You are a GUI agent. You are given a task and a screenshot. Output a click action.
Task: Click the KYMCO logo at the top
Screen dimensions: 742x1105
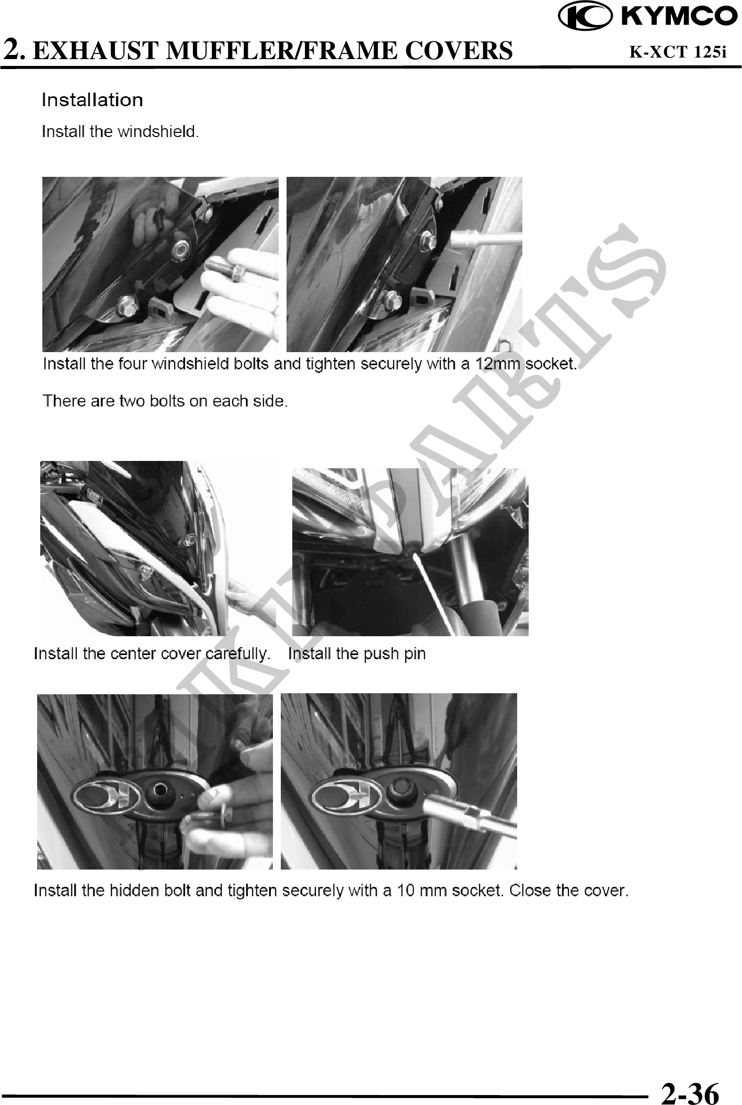click(x=648, y=17)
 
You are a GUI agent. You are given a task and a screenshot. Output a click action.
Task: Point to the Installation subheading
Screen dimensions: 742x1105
click(x=92, y=99)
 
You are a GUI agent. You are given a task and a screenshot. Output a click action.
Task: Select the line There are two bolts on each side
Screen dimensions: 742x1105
click(x=165, y=401)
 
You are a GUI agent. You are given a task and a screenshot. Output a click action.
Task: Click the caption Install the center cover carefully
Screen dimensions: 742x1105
click(x=152, y=653)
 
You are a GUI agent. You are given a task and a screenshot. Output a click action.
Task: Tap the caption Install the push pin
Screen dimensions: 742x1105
click(x=357, y=653)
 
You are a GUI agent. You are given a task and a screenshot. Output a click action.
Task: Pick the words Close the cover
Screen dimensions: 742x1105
click(x=568, y=890)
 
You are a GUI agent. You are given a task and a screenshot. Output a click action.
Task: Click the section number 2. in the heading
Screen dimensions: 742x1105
click(x=15, y=50)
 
